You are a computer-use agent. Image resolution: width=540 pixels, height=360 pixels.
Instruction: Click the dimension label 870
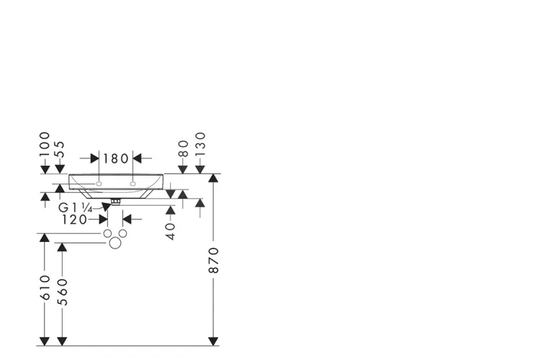point(214,260)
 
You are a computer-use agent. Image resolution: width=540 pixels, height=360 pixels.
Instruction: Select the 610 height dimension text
point(45,287)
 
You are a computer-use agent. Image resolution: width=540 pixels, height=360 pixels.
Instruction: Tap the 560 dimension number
point(63,292)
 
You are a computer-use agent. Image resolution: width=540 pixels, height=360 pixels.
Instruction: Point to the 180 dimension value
point(116,159)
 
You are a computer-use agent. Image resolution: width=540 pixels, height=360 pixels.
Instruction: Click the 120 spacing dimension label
point(74,220)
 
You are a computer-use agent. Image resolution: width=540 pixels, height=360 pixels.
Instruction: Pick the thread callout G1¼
point(75,208)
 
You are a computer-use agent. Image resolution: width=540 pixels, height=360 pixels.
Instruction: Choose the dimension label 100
point(45,144)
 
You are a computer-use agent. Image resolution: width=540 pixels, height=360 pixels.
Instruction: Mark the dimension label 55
point(60,149)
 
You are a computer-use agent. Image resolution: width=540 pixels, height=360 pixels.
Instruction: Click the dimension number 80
point(183,148)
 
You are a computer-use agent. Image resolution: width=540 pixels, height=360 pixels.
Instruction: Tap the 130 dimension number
point(200,144)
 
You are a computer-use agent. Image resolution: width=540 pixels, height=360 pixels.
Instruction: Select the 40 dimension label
point(171,231)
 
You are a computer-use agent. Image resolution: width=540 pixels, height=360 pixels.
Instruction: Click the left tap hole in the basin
point(99,184)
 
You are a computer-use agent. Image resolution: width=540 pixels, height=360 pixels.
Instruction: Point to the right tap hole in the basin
point(132,184)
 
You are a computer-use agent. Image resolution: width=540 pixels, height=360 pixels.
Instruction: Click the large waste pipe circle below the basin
point(115,243)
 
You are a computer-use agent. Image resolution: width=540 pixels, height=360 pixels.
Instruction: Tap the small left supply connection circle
point(107,233)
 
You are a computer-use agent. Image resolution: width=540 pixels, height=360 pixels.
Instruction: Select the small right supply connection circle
point(122,233)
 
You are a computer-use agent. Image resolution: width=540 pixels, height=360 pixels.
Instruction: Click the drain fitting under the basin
point(115,202)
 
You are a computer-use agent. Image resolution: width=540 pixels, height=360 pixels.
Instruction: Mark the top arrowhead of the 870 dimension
point(214,178)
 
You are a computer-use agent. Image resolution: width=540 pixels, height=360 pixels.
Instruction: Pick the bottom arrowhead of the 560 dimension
point(62,341)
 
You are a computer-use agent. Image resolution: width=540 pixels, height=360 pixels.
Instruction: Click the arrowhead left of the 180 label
point(95,158)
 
